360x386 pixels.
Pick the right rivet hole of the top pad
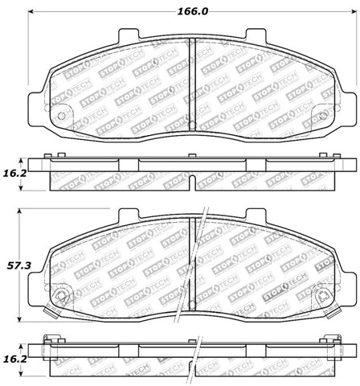[x=321, y=117]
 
